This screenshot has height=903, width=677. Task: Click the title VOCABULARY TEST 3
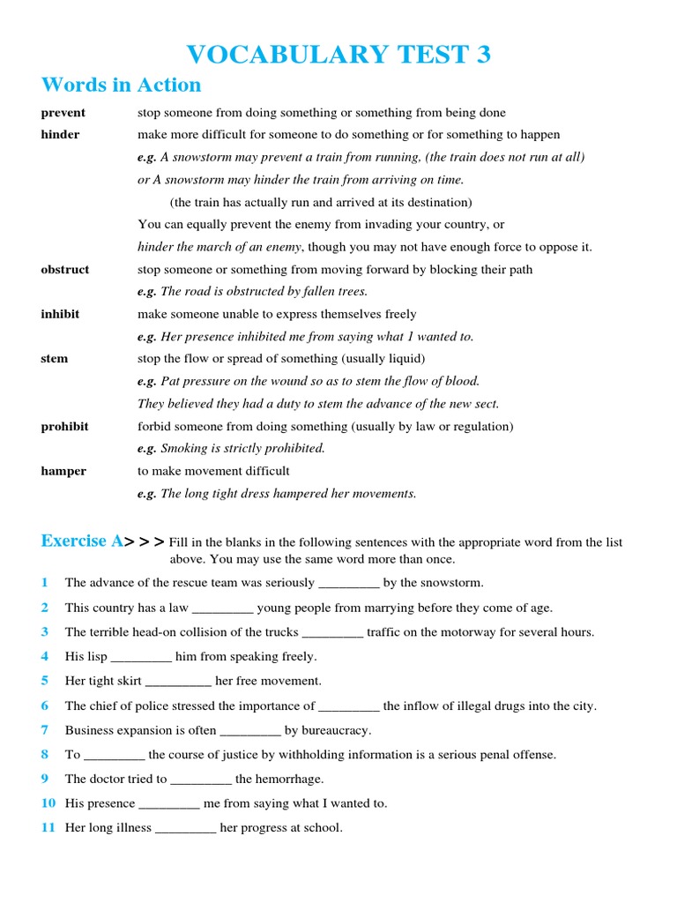click(x=338, y=55)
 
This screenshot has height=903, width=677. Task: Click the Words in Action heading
click(x=121, y=86)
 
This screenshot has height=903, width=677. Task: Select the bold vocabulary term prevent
click(x=63, y=113)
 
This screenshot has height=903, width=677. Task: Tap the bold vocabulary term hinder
click(x=60, y=135)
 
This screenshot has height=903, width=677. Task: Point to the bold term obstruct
click(x=64, y=270)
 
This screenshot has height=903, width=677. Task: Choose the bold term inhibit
click(x=60, y=314)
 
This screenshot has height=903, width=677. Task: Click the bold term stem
click(x=54, y=359)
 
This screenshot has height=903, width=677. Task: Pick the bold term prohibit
click(x=64, y=427)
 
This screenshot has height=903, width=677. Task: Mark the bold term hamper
click(x=63, y=471)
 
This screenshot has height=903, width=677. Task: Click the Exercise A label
click(x=82, y=541)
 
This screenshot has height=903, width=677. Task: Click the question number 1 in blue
click(x=44, y=583)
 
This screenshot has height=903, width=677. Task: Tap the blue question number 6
click(x=44, y=706)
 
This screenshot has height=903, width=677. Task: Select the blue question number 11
click(x=48, y=828)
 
